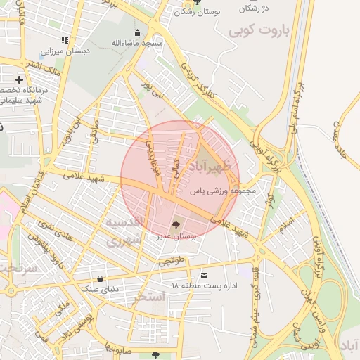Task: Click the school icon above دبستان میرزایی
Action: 65,40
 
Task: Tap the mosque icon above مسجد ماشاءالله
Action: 137,32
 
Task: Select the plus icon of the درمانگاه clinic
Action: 20,79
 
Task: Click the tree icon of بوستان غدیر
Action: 176,225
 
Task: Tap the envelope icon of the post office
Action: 205,275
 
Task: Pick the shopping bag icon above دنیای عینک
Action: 101,278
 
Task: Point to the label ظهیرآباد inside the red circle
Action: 215,167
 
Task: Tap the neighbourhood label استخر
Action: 148,297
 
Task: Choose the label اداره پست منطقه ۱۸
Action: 205,285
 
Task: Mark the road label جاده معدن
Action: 342,134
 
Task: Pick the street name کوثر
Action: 269,202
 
